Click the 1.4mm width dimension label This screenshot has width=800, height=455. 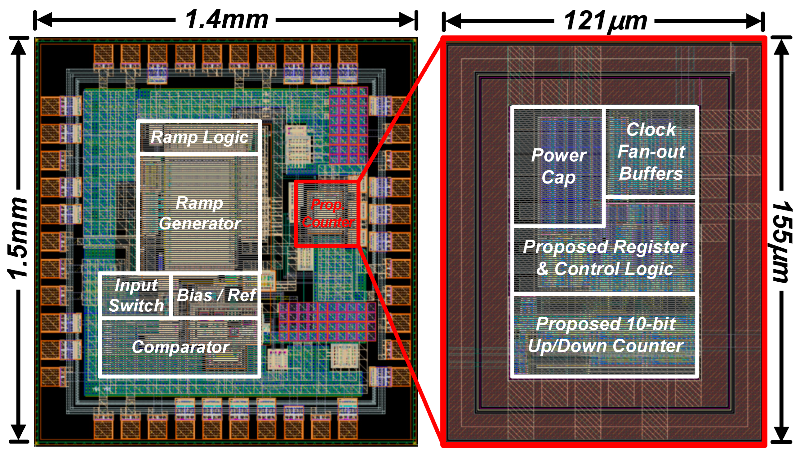pos(226,19)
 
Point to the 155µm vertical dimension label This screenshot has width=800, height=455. pos(781,242)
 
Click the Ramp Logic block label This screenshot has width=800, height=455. pos(199,137)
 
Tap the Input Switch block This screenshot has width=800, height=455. pos(136,295)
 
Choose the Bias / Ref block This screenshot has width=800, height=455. pos(216,295)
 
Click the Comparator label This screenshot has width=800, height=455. pos(180,347)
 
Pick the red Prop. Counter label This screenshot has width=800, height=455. pos(327,213)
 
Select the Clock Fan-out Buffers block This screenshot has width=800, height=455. pos(651,151)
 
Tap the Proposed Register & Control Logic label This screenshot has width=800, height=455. pos(605,258)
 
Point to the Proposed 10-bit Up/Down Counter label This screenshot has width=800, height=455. pos(605,334)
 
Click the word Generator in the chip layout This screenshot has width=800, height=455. pos(200,223)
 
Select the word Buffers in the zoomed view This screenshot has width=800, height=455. pos(651,174)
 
